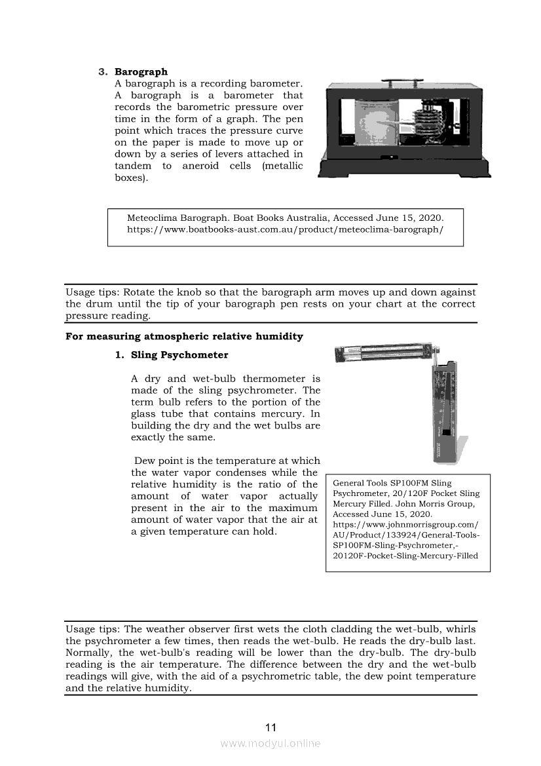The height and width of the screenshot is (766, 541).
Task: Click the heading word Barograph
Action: point(141,71)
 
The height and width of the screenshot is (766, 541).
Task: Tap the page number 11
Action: point(270,727)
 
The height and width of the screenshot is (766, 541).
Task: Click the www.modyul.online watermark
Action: point(270,744)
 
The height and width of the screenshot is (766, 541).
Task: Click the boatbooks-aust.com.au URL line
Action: point(285,230)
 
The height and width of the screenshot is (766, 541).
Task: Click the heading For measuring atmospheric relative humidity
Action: point(184,337)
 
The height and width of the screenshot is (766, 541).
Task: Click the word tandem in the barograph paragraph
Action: point(133,166)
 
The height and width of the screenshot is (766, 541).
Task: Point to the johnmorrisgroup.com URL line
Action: point(405,525)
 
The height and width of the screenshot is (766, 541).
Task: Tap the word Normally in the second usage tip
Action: point(89,653)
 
